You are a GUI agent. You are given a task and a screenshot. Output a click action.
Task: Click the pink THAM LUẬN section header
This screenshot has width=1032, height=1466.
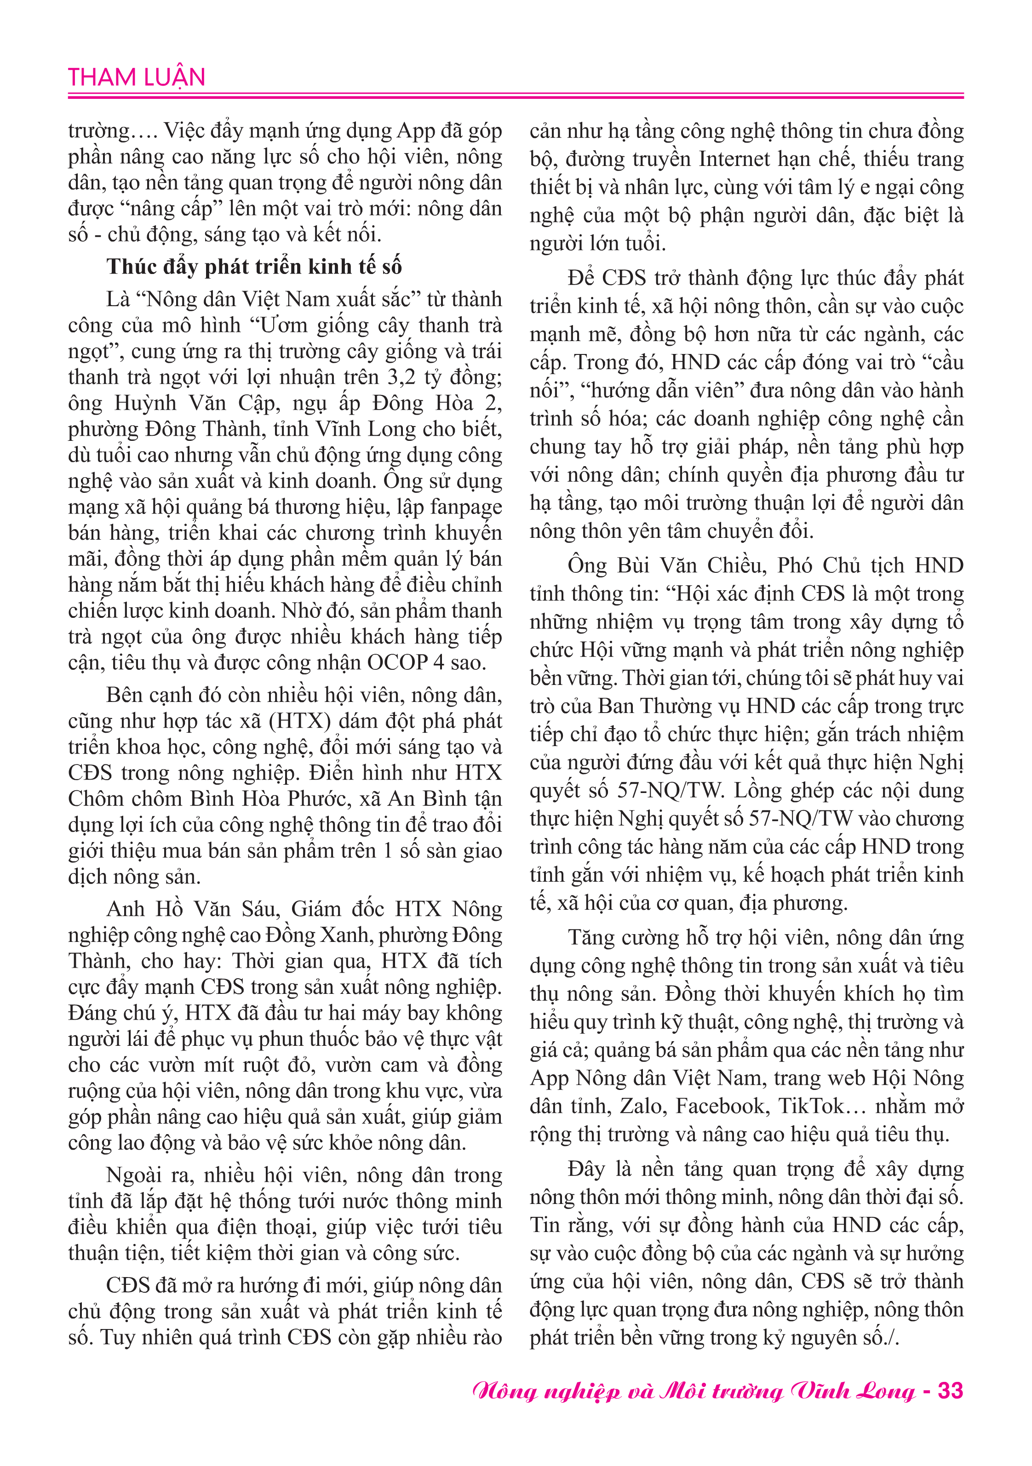click(137, 77)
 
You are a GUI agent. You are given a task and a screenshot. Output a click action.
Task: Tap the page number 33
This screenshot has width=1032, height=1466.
click(950, 1391)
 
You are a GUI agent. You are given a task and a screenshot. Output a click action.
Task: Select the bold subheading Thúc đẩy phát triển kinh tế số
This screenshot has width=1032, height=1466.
click(254, 266)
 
